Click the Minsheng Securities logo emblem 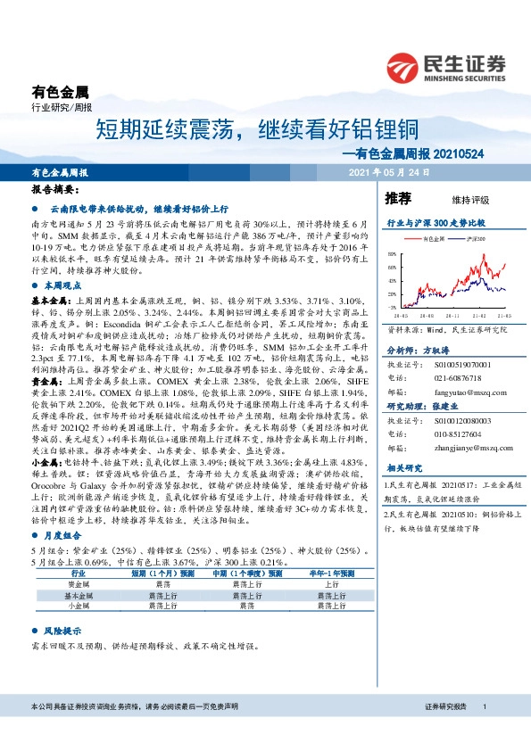404,68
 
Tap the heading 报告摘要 55,190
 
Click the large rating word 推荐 397,197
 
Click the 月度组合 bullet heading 59,536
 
